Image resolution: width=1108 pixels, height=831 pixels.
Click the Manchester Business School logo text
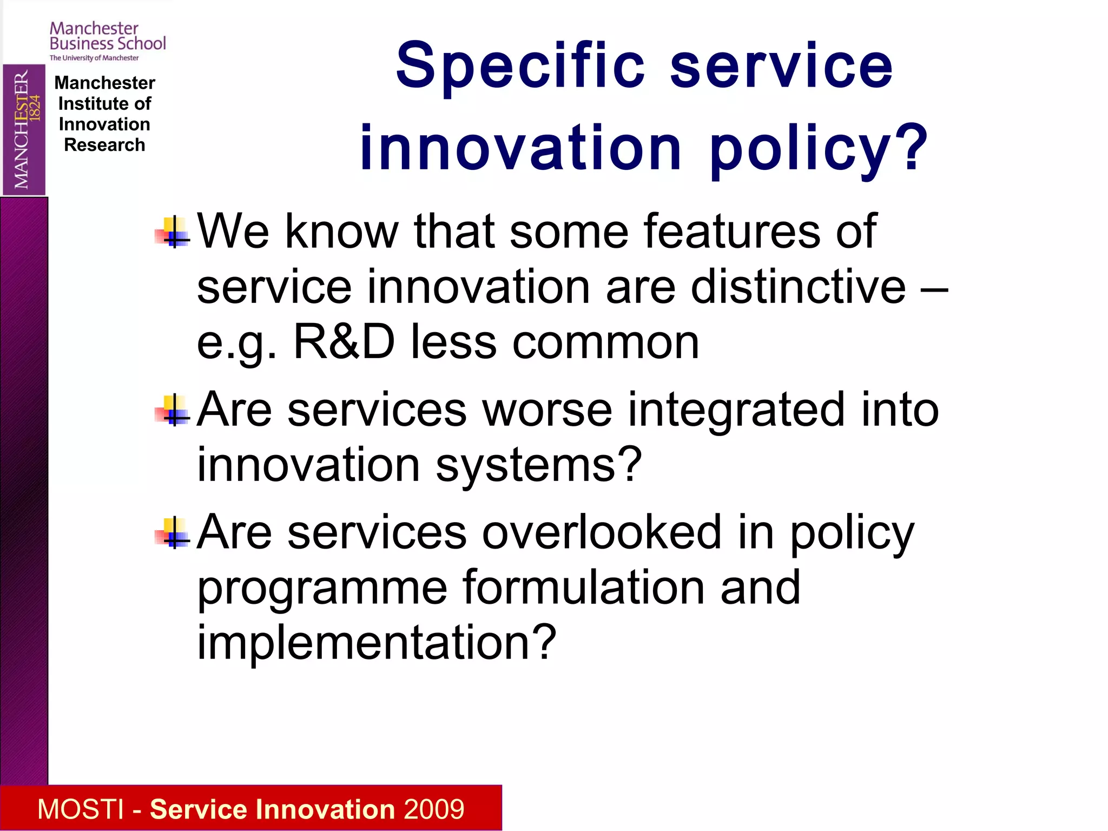point(107,36)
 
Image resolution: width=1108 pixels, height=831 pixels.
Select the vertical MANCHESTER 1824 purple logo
point(24,129)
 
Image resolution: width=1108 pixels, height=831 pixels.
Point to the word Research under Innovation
point(104,145)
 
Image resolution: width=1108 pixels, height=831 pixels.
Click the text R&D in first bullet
point(344,342)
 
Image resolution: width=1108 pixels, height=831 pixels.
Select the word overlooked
point(602,532)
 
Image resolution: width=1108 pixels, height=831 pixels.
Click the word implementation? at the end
point(377,643)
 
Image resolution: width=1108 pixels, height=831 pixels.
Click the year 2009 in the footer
point(434,809)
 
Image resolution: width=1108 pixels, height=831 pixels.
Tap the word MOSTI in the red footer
point(81,809)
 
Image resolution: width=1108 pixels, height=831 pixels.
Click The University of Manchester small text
point(94,58)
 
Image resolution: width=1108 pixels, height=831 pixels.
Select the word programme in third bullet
point(322,589)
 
